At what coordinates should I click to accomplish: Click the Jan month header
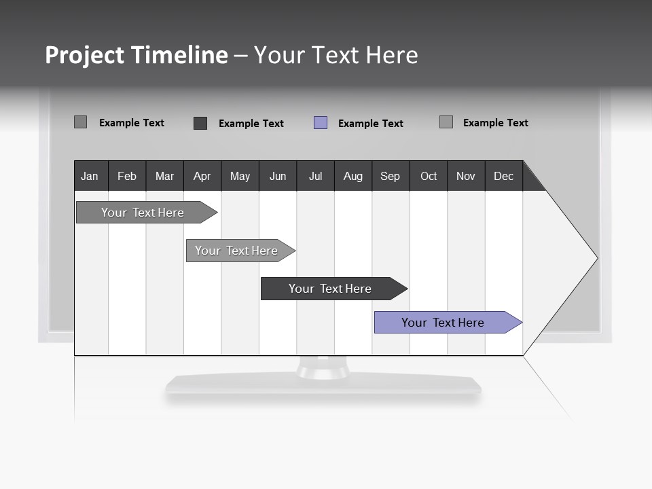pyautogui.click(x=90, y=176)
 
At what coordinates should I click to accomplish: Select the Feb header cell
pyautogui.click(x=127, y=176)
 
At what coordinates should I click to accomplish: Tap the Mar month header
pyautogui.click(x=164, y=176)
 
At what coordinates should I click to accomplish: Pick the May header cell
pyautogui.click(x=240, y=176)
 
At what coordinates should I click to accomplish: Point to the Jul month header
pyautogui.click(x=315, y=176)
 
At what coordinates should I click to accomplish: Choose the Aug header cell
pyautogui.click(x=353, y=176)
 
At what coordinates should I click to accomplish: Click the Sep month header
pyautogui.click(x=391, y=176)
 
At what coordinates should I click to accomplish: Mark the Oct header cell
pyautogui.click(x=429, y=176)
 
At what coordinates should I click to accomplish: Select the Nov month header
pyautogui.click(x=466, y=176)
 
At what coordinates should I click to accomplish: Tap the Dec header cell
pyautogui.click(x=504, y=176)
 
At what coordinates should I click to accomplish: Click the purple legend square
pyautogui.click(x=321, y=123)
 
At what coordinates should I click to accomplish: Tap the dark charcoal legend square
pyautogui.click(x=200, y=123)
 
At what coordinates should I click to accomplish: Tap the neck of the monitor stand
pyautogui.click(x=323, y=368)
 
